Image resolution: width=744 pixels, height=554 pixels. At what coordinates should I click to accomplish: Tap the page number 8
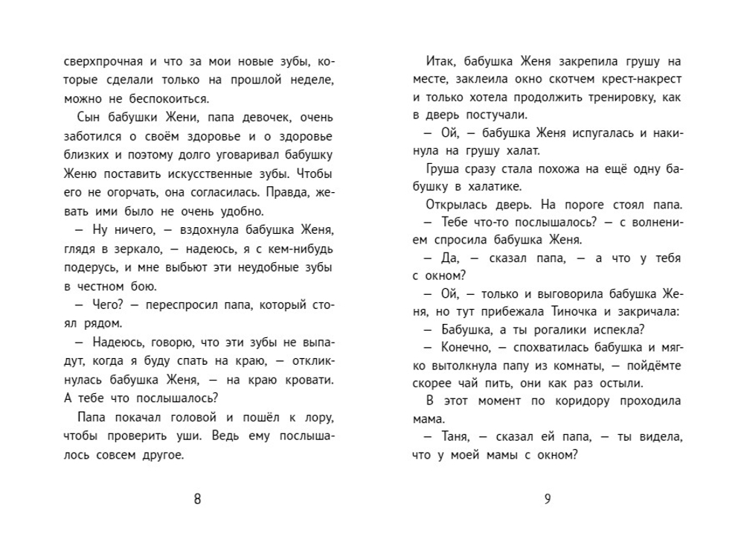tap(197, 499)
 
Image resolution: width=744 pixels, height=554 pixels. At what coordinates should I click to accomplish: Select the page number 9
tap(547, 499)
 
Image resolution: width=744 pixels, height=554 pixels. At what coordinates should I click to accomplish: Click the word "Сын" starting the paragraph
tap(89, 118)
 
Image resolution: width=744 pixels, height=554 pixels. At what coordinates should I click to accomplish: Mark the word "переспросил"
tap(166, 305)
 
